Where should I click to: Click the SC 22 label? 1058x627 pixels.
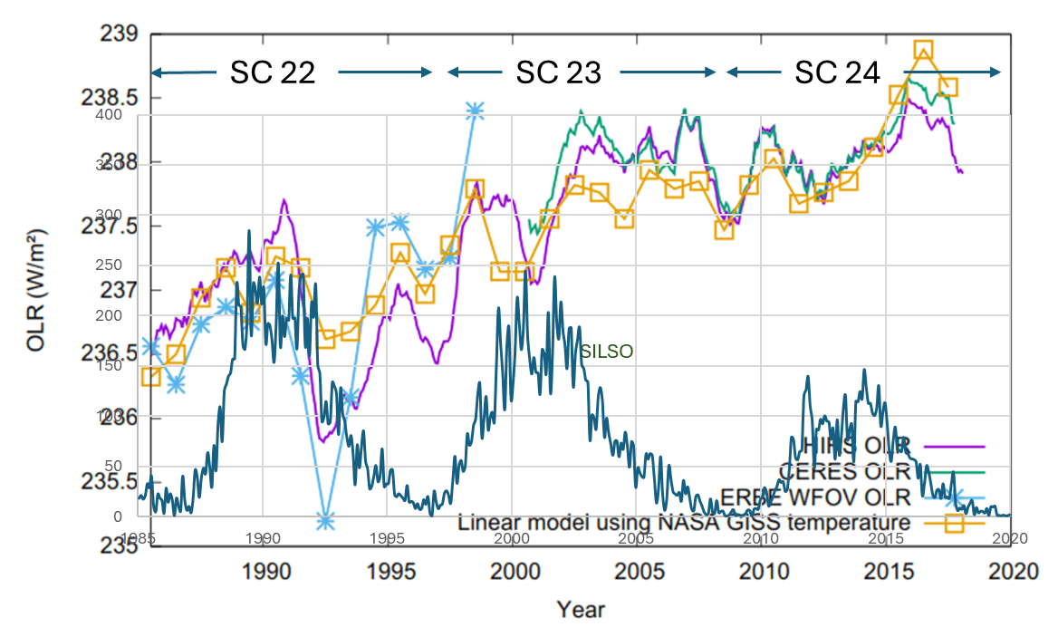(x=272, y=73)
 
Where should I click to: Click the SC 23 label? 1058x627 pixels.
(x=558, y=73)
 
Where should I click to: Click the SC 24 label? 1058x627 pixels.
(x=837, y=73)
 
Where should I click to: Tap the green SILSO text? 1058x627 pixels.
(x=606, y=351)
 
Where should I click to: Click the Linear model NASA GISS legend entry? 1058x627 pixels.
(x=684, y=523)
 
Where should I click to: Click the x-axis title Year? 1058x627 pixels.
(x=580, y=608)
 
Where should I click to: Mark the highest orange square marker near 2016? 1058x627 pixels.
(x=923, y=50)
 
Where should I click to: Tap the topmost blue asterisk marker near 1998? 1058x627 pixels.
(x=475, y=111)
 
